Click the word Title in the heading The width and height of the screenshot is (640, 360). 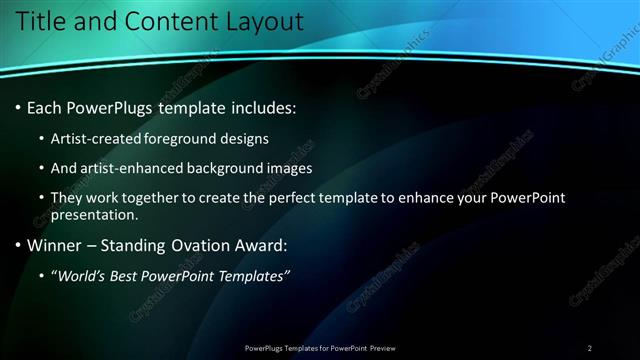43,21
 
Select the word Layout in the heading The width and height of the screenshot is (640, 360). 262,21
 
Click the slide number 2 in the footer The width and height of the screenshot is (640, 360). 589,348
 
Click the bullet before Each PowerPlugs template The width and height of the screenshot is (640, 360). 19,107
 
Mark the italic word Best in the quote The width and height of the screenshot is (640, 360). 133,276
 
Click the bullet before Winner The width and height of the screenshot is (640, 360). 19,245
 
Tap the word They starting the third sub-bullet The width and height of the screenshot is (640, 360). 67,198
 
